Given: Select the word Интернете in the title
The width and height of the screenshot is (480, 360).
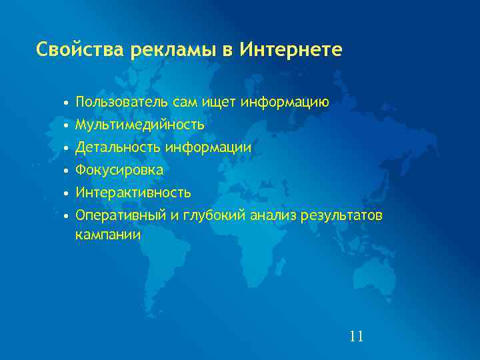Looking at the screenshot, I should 291,49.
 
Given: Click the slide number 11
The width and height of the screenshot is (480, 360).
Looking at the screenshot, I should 356,336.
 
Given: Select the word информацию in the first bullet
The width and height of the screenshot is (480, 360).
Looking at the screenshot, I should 285,103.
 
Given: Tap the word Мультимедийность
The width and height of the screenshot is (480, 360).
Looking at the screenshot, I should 140,125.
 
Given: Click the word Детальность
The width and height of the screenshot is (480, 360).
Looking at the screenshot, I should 118,147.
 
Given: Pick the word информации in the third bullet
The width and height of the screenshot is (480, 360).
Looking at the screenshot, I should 208,147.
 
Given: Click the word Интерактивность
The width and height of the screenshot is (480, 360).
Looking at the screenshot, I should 133,193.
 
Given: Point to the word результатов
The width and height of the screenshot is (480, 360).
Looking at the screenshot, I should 343,215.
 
